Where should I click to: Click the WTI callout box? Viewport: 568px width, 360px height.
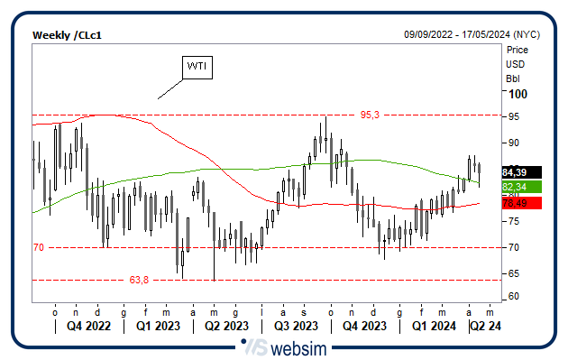[197, 67]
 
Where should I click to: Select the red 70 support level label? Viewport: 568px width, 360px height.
[39, 246]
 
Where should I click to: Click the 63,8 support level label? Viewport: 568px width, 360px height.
[138, 280]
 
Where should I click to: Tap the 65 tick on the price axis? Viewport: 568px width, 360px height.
[513, 272]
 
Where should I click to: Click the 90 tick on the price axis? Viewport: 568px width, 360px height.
[513, 143]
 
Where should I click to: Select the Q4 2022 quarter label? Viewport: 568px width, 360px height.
[89, 325]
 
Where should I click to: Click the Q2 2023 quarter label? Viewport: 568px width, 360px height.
[225, 325]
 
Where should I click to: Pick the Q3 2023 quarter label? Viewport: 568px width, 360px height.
[295, 325]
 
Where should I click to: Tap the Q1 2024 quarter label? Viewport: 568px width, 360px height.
[432, 325]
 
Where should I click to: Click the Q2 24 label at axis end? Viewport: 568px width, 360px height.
[486, 325]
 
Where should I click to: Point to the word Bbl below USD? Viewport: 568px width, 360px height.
[513, 78]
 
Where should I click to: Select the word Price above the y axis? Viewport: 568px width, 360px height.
[517, 50]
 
